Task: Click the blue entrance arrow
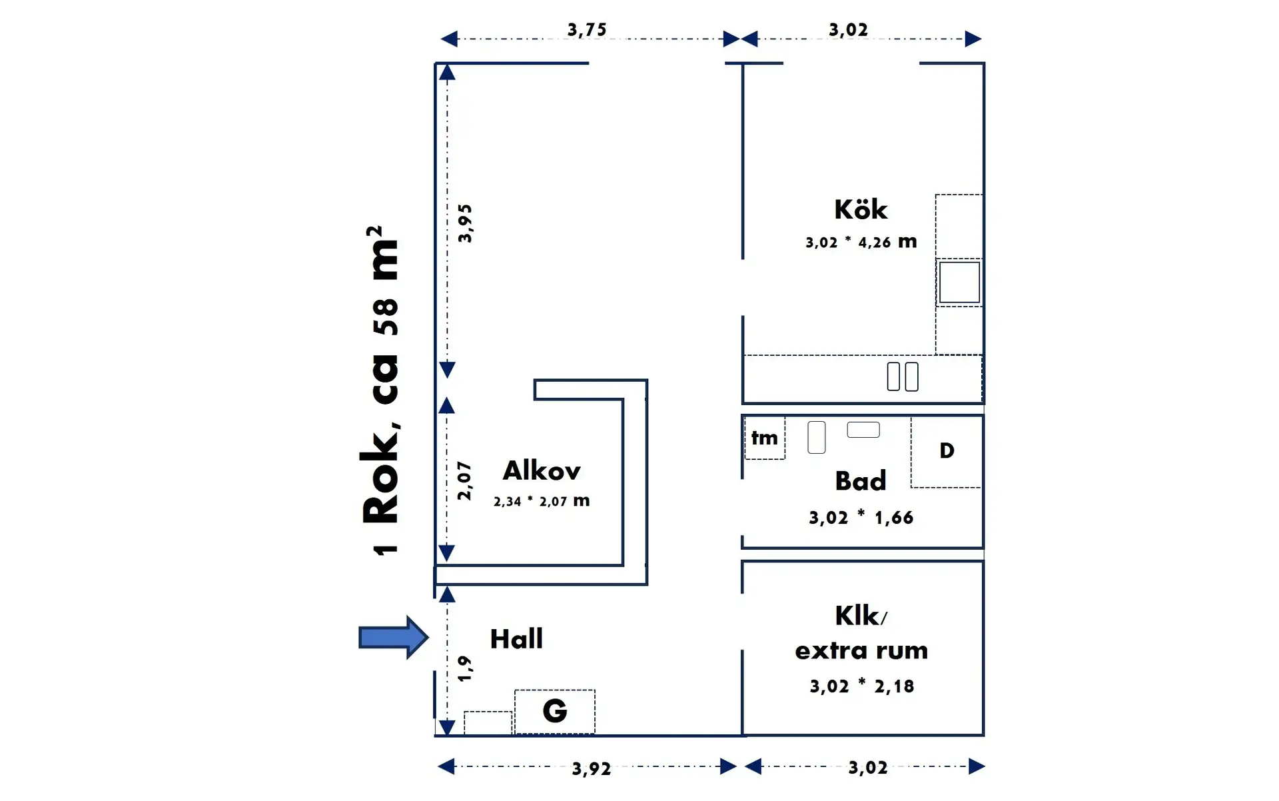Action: click(x=392, y=638)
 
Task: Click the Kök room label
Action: click(x=861, y=210)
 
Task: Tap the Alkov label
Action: click(x=541, y=471)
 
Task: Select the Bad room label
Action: click(x=860, y=481)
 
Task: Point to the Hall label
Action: click(x=516, y=639)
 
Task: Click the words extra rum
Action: click(x=861, y=650)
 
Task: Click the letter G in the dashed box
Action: click(x=554, y=711)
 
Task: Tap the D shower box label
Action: click(x=947, y=451)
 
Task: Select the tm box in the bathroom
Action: click(x=764, y=438)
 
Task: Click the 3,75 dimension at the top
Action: click(x=587, y=30)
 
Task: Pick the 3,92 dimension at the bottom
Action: click(x=591, y=769)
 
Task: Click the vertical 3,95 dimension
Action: click(x=465, y=223)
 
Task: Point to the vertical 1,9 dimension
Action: click(x=465, y=668)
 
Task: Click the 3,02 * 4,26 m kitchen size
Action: click(x=861, y=242)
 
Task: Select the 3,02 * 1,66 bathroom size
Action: click(x=861, y=518)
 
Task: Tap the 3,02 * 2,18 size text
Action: click(x=861, y=686)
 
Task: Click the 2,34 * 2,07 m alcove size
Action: click(x=541, y=501)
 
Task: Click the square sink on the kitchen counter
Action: click(x=959, y=283)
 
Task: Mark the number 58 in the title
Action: click(x=386, y=317)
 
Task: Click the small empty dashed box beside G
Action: click(x=488, y=723)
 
